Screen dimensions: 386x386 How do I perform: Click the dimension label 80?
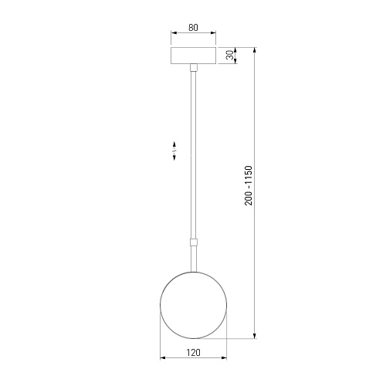click(193, 28)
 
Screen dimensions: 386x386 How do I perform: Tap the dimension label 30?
click(230, 55)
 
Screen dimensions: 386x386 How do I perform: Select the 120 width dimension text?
click(193, 352)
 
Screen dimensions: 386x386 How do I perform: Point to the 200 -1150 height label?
click(249, 185)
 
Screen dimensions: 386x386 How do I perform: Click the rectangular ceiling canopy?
click(194, 56)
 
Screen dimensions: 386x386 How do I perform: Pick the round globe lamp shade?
click(194, 305)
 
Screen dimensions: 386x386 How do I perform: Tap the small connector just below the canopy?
click(194, 67)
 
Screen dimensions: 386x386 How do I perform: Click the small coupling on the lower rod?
click(194, 242)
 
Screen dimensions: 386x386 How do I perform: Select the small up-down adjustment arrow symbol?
click(174, 151)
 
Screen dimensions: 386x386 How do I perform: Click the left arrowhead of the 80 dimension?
click(174, 33)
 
